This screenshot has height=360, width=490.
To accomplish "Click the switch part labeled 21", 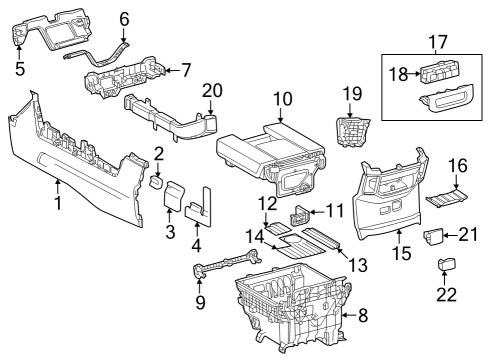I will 436,236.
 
